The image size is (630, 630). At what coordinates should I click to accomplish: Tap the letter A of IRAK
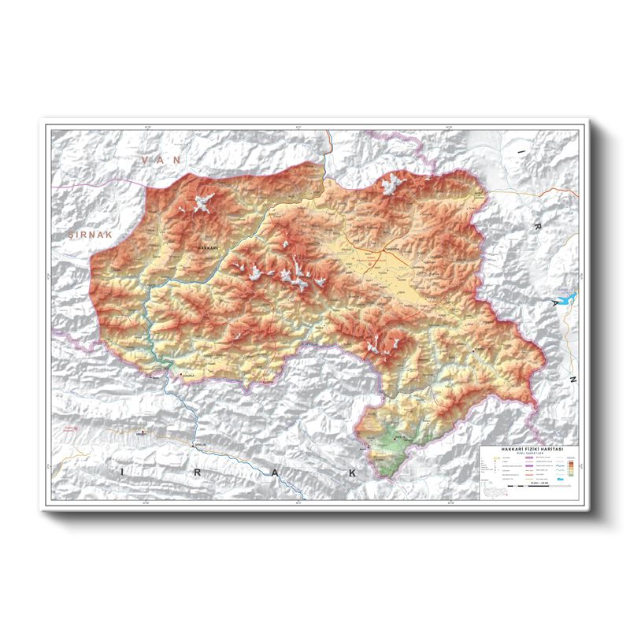click(x=276, y=472)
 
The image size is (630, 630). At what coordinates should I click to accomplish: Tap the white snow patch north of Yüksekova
click(x=391, y=186)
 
